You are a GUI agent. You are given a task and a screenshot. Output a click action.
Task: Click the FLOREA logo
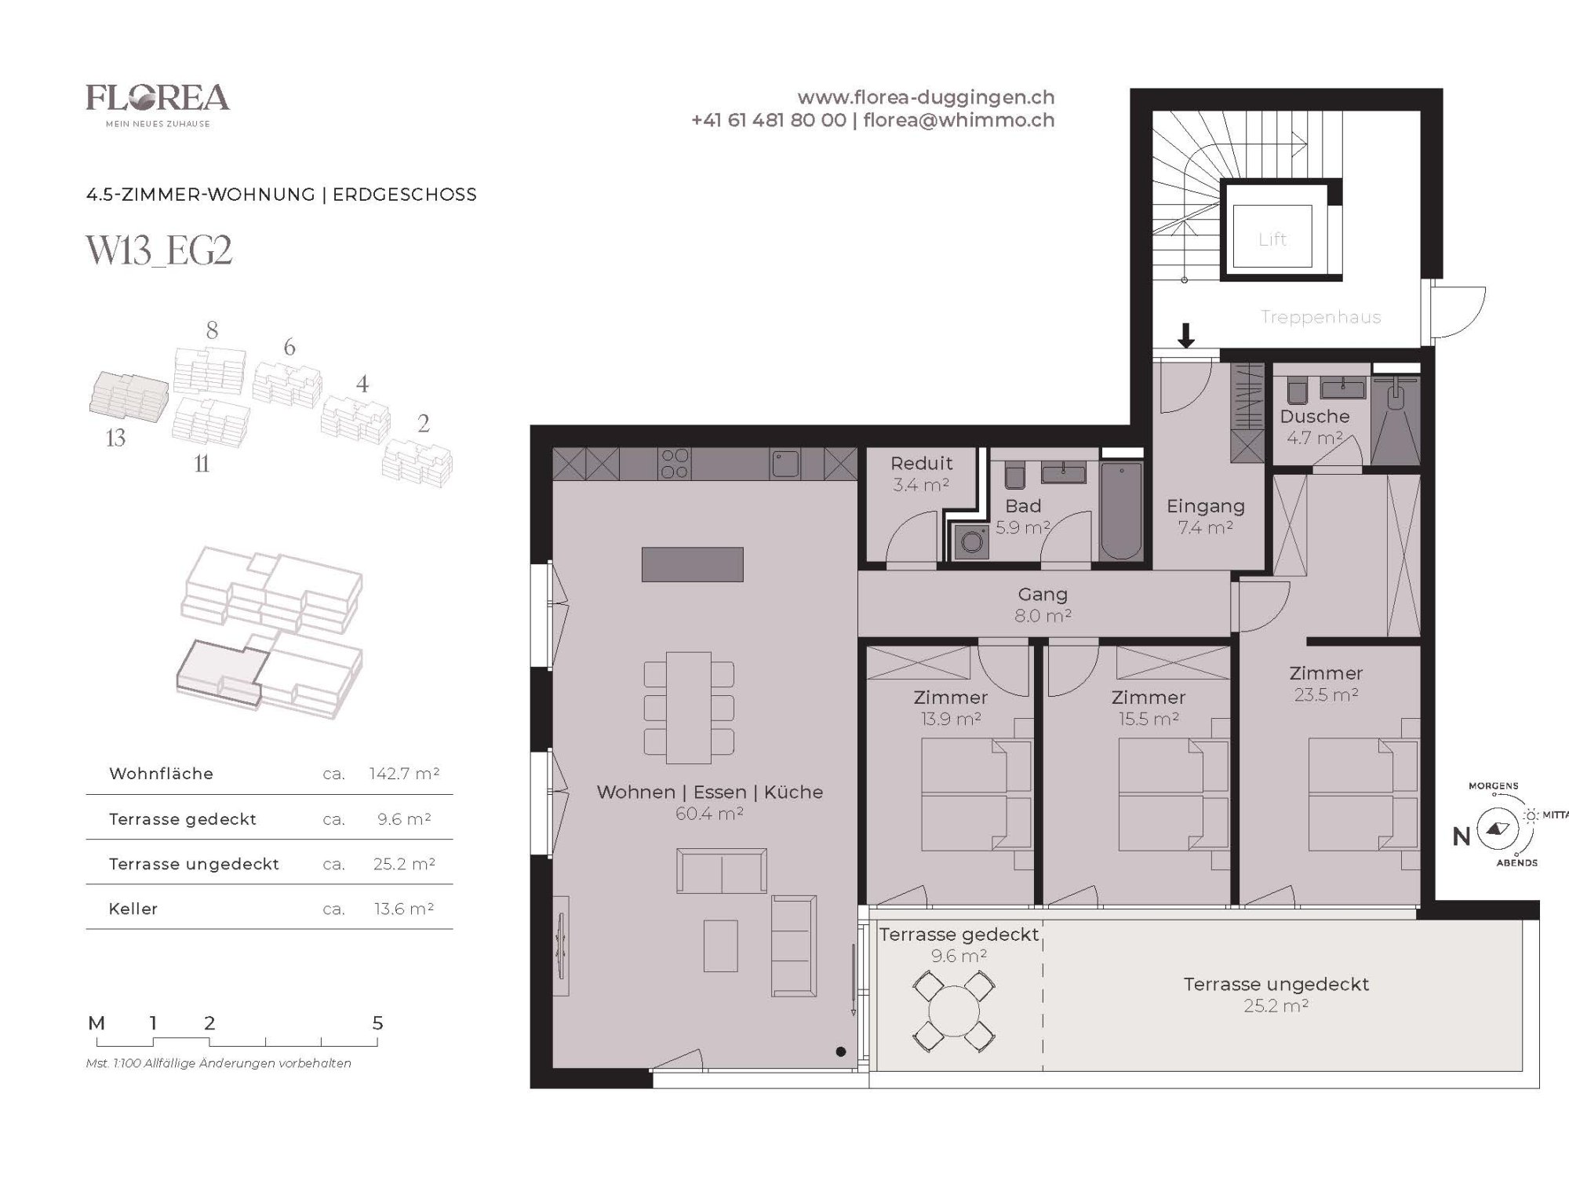[158, 105]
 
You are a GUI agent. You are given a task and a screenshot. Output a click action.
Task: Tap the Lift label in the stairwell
[1272, 239]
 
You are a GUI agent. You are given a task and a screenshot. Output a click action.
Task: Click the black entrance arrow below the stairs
[1186, 335]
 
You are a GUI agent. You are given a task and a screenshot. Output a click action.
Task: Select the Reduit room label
[922, 463]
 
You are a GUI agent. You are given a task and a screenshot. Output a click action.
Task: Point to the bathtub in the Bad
[1121, 511]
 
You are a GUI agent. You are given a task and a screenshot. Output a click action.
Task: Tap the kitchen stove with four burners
[675, 464]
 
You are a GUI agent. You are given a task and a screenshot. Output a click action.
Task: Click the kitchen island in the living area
[692, 564]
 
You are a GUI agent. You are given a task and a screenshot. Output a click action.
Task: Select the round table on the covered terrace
[954, 1011]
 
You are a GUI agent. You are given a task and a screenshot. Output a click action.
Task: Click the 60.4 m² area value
[709, 814]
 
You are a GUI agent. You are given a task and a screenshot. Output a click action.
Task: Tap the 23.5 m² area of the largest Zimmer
[1326, 694]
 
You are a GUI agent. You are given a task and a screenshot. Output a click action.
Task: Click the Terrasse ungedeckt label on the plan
[1276, 984]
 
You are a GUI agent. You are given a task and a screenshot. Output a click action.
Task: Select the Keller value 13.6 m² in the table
[404, 909]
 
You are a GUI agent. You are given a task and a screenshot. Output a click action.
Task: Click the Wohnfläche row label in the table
[161, 774]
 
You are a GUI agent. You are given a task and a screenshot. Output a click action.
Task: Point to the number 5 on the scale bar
[377, 1023]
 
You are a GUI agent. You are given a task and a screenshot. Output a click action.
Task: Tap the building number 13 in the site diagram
[115, 438]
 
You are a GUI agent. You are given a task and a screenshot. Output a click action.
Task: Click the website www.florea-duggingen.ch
[926, 98]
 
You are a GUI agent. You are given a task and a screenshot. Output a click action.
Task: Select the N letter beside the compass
[1461, 837]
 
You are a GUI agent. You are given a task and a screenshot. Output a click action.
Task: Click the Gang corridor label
[1043, 595]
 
